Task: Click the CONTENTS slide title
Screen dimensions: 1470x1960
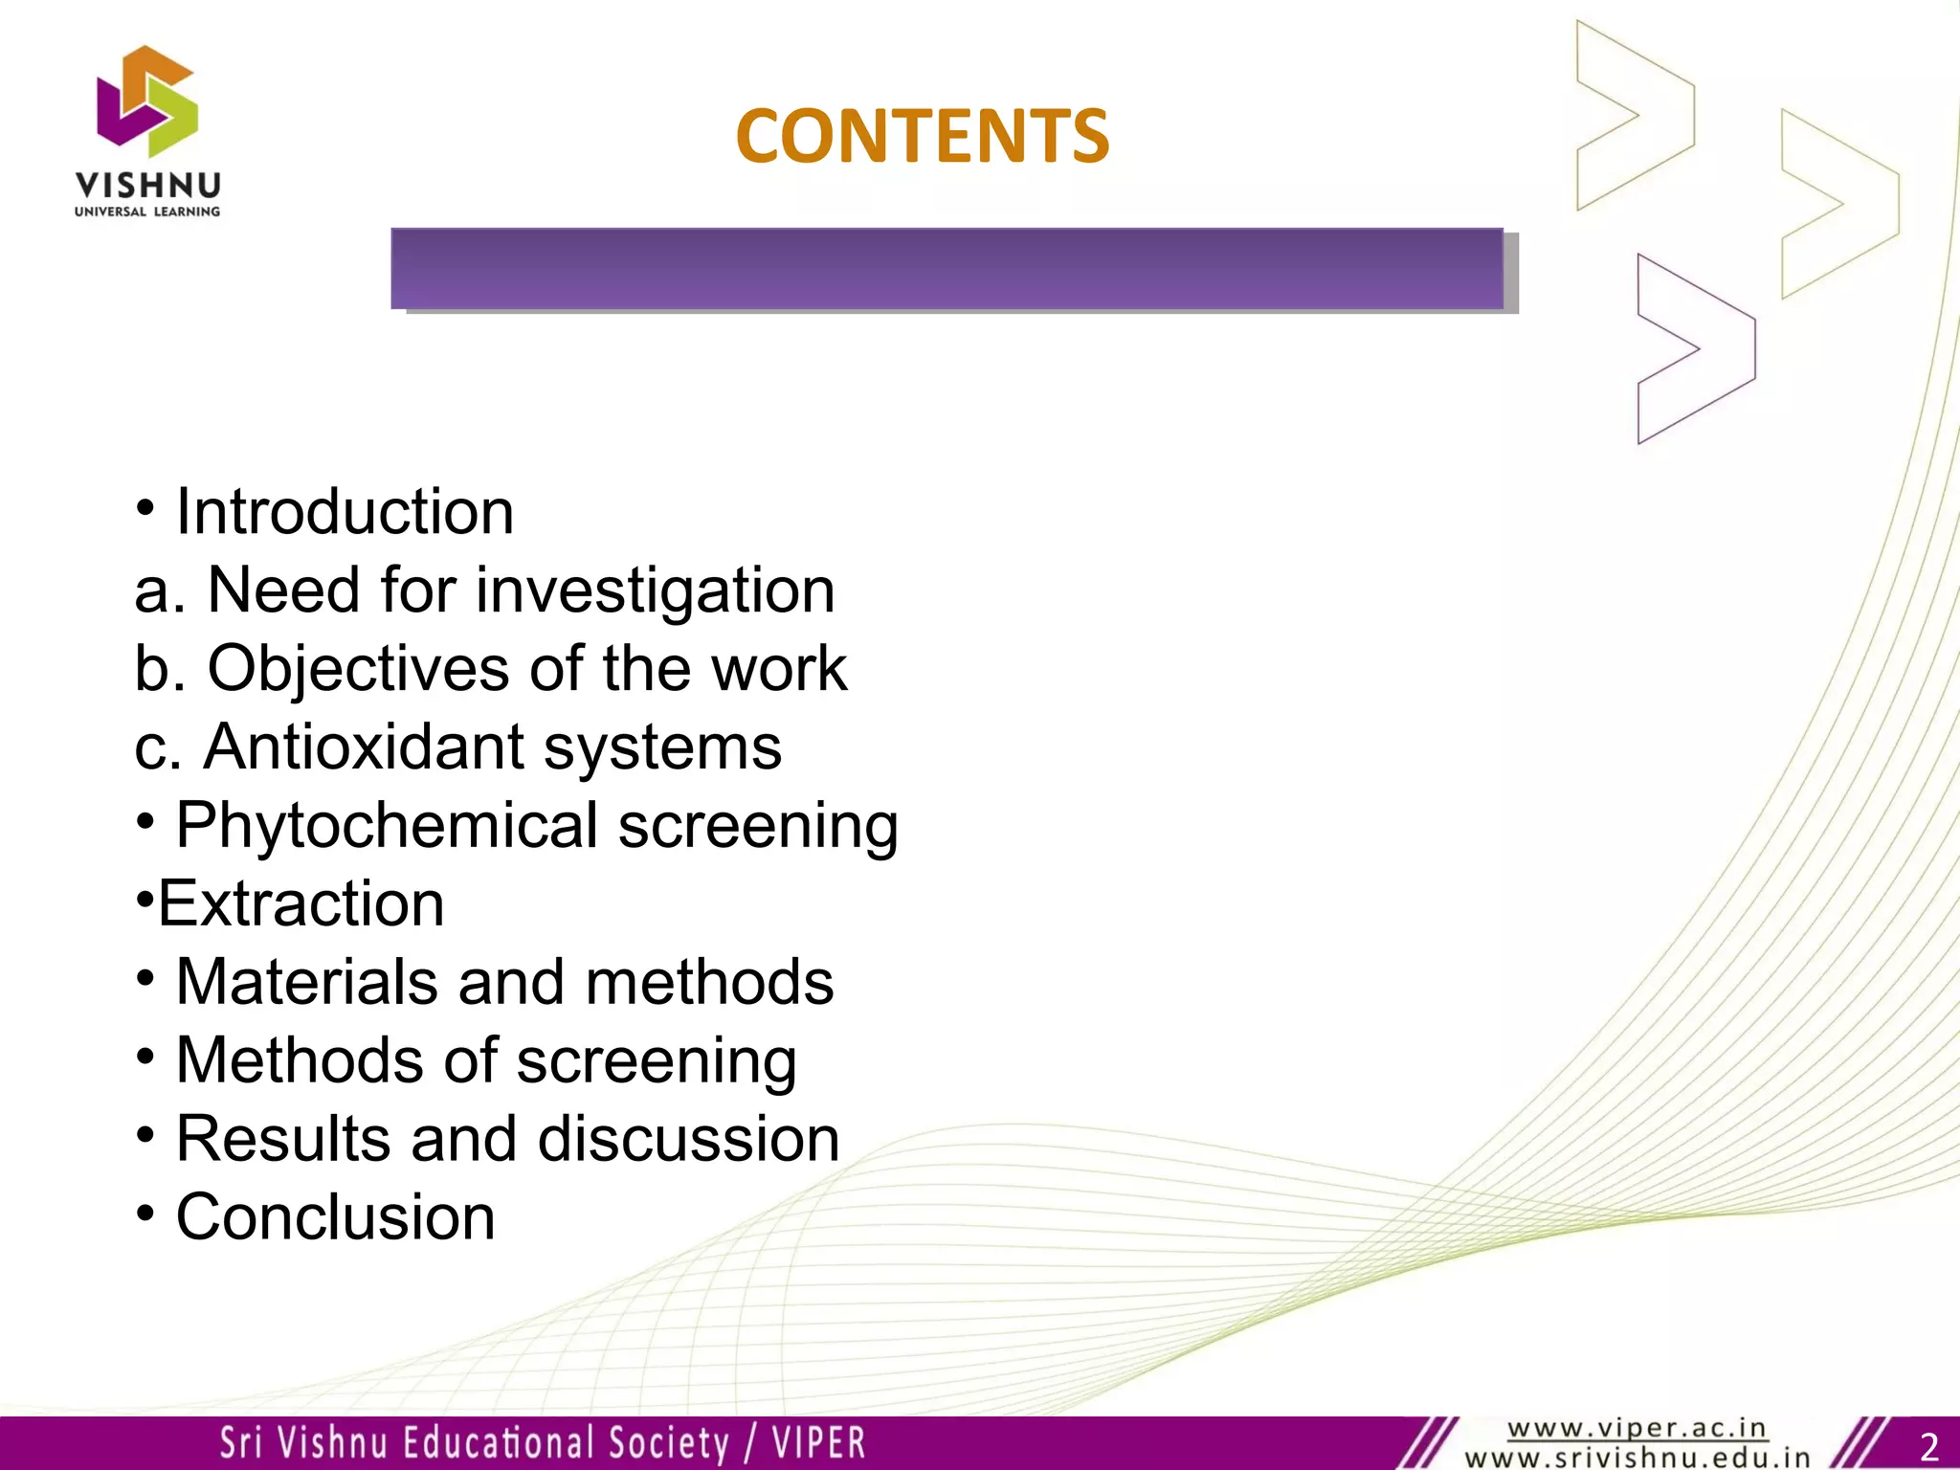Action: pyautogui.click(x=922, y=136)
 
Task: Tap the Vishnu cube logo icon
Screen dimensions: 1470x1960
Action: pyautogui.click(x=147, y=101)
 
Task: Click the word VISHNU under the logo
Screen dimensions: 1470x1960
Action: pyautogui.click(x=147, y=186)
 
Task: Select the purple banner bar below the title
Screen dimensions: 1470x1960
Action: pyautogui.click(x=947, y=269)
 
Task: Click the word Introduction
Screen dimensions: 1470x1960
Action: pyautogui.click(x=345, y=512)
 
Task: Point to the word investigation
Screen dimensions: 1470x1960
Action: pyautogui.click(x=656, y=590)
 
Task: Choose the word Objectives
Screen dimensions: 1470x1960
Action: pyautogui.click(x=359, y=668)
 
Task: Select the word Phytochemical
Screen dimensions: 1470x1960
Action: pyautogui.click(x=387, y=825)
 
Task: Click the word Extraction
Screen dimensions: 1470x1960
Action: pyautogui.click(x=301, y=903)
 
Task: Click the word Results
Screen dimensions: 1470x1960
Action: pyautogui.click(x=282, y=1139)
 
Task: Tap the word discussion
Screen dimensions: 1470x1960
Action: pyautogui.click(x=689, y=1139)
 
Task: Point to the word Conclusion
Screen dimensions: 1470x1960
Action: pyautogui.click(x=335, y=1217)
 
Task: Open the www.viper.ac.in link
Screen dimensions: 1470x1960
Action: pyautogui.click(x=1637, y=1429)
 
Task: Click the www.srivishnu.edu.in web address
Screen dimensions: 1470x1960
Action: pyautogui.click(x=1637, y=1459)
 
